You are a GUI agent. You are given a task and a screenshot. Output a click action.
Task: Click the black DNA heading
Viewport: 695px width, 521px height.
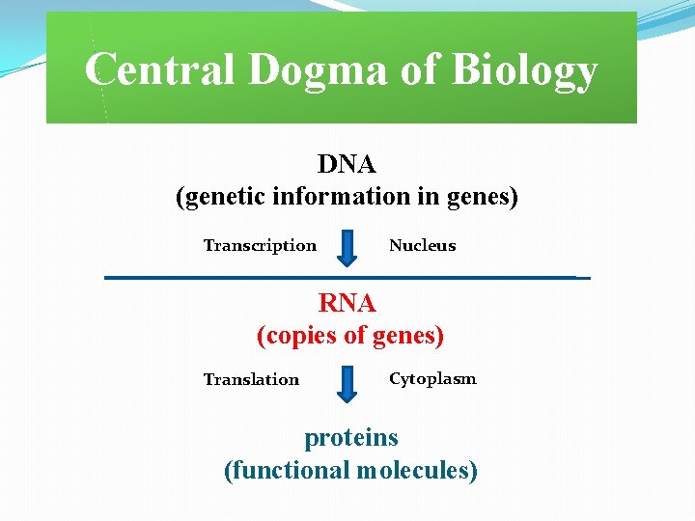coord(347,165)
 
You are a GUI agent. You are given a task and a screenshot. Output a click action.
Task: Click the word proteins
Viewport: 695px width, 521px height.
coord(351,437)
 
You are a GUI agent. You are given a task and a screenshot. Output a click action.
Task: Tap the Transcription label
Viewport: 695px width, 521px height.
coord(260,245)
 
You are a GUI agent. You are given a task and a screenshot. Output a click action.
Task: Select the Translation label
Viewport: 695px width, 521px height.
coord(251,379)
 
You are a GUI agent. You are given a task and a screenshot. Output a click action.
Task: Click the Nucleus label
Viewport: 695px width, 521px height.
coord(422,245)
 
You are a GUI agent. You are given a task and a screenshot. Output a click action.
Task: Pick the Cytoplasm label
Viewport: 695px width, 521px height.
coord(432,378)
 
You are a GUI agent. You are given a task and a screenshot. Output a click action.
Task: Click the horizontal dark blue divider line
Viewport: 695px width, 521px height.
coord(347,278)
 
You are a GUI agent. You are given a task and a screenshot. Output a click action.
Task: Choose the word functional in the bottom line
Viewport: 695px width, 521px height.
coord(287,471)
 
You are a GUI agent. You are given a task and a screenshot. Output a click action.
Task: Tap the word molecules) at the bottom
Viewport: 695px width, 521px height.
coord(417,471)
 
